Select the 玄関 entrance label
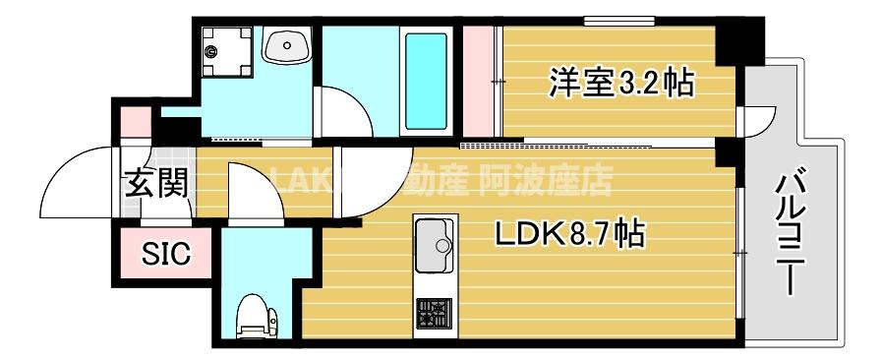tap(155, 184)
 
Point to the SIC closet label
tap(164, 255)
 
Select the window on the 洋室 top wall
tap(618, 19)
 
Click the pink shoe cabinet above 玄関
tap(136, 121)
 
